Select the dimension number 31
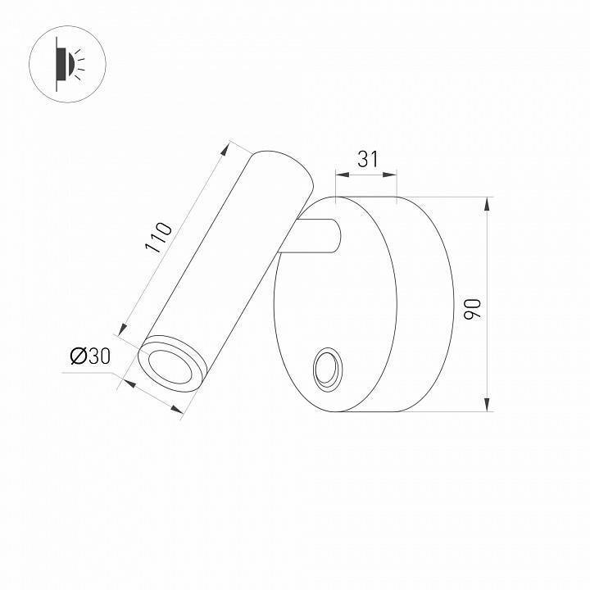pos(368,159)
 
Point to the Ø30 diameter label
pos(89,356)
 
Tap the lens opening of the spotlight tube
pos(170,364)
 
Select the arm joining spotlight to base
pos(317,237)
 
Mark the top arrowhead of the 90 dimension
pos(488,204)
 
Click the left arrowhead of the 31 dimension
pos(341,174)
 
